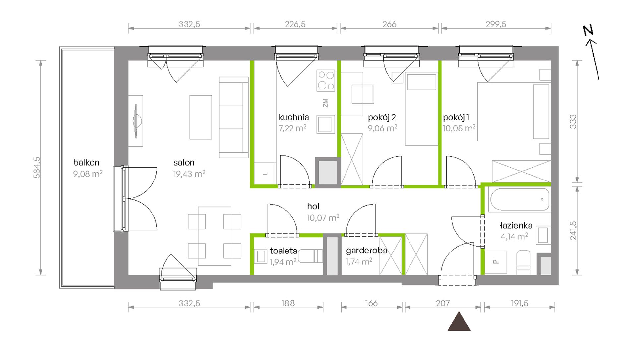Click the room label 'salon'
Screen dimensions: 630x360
(184, 163)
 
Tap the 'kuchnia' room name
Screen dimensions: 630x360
(293, 117)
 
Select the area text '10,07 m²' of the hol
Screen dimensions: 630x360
(323, 218)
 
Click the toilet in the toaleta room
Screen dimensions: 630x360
(310, 256)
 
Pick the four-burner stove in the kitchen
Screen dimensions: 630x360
(326, 80)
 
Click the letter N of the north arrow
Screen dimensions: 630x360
(588, 31)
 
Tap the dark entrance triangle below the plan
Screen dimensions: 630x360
(459, 321)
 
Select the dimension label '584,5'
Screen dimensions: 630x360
(37, 168)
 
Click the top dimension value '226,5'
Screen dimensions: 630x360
(295, 24)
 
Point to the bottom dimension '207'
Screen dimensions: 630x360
(443, 303)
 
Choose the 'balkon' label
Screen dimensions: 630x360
(86, 163)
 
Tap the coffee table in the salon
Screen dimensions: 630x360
(201, 117)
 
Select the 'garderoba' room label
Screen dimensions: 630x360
(367, 251)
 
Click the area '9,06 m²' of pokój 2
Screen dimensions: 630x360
(382, 128)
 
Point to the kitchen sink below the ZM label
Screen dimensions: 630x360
(325, 124)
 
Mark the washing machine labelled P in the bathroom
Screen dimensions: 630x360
(496, 262)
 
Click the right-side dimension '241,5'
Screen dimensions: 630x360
(573, 231)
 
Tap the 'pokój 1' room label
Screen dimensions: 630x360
(456, 117)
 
